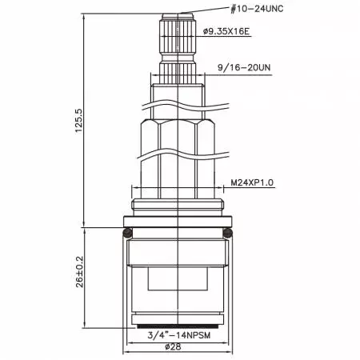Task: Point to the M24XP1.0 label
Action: coord(252,182)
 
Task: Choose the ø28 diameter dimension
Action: coord(177,348)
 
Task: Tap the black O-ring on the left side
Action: coord(127,233)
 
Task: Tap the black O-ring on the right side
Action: coord(228,233)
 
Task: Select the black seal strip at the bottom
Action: coord(177,328)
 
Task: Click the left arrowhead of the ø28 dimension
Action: coord(128,348)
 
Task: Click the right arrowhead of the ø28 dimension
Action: coord(227,348)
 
